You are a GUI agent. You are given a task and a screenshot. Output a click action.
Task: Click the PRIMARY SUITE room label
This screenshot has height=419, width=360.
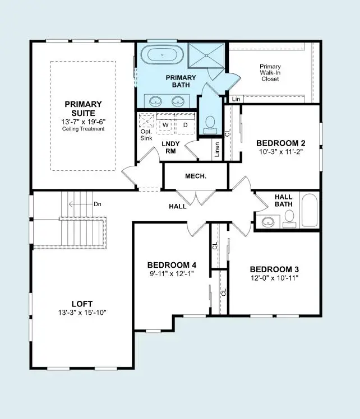click(83, 108)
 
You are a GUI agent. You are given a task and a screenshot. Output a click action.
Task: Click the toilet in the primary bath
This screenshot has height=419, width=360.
click(211, 124)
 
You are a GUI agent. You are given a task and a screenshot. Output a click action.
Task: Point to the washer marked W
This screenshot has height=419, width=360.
click(166, 124)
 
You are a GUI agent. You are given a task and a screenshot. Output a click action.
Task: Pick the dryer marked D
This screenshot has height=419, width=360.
click(185, 124)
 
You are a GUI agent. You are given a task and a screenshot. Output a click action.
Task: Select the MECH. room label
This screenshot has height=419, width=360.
click(196, 176)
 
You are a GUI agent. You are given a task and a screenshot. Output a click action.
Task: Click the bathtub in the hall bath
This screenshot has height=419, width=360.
click(310, 211)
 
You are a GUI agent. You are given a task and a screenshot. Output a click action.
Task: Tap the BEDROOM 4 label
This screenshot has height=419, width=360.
click(172, 265)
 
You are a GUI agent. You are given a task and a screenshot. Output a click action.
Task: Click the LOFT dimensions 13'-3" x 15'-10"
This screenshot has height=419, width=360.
click(82, 312)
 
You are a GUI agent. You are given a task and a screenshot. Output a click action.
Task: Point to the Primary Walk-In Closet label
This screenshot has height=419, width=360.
click(270, 73)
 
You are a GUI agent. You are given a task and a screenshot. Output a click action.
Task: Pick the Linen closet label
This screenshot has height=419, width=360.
click(217, 149)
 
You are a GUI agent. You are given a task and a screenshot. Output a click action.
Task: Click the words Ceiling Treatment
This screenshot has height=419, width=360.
click(83, 129)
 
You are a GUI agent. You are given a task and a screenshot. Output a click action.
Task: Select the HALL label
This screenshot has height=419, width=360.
click(178, 207)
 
